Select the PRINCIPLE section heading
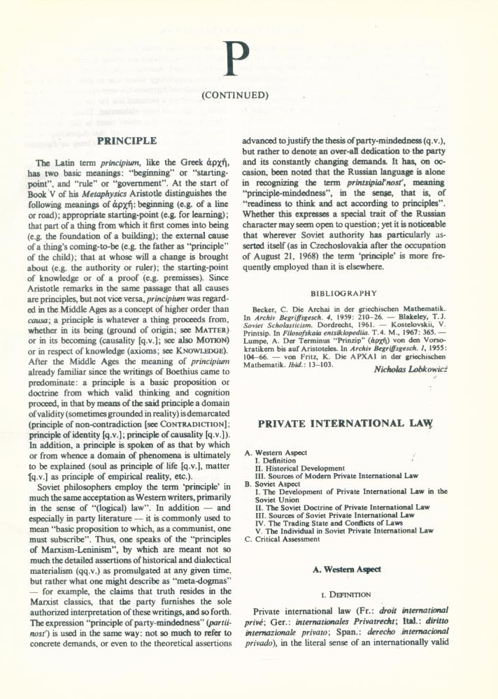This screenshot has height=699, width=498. tap(127, 140)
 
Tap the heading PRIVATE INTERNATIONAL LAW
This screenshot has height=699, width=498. tap(346, 424)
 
